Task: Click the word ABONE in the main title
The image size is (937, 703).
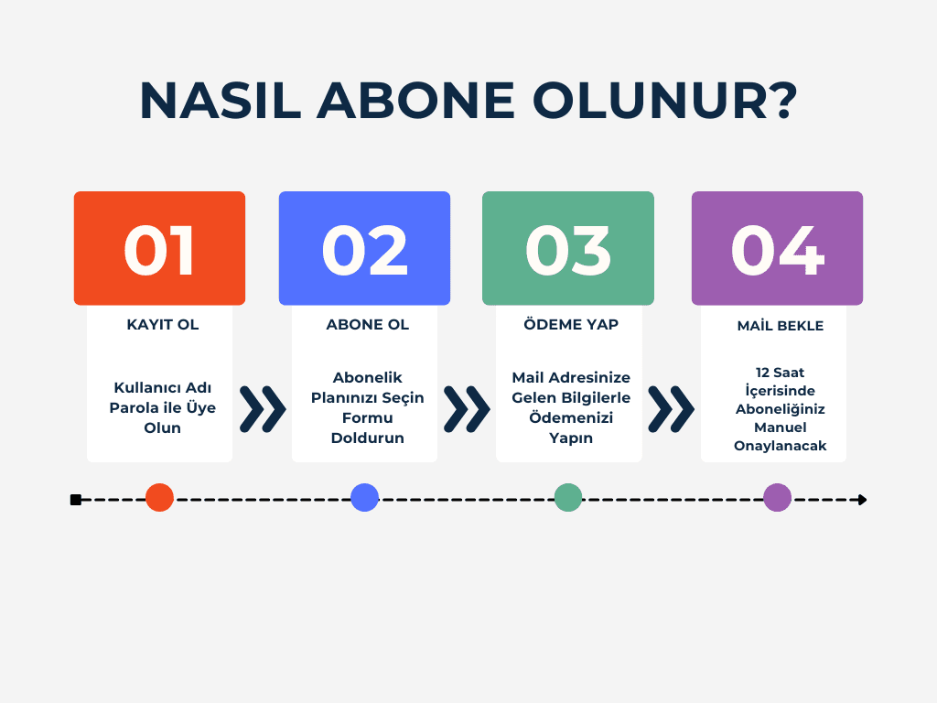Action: click(415, 100)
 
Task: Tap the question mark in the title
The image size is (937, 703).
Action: click(783, 100)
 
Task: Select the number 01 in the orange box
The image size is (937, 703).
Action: click(159, 251)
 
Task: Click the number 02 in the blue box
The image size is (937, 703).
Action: click(364, 251)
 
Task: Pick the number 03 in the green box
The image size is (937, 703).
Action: click(568, 251)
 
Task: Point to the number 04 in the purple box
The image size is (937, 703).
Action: click(778, 251)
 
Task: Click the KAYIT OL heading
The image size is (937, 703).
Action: click(163, 325)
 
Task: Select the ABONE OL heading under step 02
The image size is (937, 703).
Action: click(368, 325)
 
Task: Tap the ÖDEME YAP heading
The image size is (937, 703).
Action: click(571, 324)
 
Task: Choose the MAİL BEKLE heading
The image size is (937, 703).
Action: click(780, 325)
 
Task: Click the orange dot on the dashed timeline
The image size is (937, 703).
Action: click(159, 497)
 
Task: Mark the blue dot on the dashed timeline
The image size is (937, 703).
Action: click(364, 497)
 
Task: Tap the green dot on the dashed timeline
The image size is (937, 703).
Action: click(568, 497)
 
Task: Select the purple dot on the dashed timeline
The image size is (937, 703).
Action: click(778, 497)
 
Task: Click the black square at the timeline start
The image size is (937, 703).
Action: click(75, 500)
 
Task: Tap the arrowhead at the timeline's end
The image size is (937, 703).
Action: click(862, 500)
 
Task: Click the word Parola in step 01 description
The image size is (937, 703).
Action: click(129, 407)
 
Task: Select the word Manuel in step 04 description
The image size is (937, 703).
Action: click(780, 427)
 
